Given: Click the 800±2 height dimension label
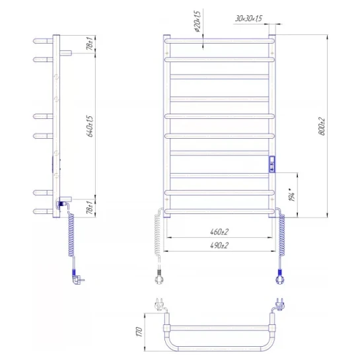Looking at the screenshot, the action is pyautogui.click(x=322, y=127).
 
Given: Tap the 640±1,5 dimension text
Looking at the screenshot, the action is pyautogui.click(x=90, y=127).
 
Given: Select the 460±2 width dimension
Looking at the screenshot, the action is pyautogui.click(x=219, y=232).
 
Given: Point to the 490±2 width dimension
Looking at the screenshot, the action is pyautogui.click(x=219, y=246).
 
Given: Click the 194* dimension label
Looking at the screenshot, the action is pyautogui.click(x=291, y=195).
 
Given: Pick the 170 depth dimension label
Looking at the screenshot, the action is pyautogui.click(x=139, y=332).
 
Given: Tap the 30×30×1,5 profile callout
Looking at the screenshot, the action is pyautogui.click(x=248, y=18).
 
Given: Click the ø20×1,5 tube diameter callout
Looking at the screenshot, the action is pyautogui.click(x=197, y=21).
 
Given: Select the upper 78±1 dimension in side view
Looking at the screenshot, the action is pyautogui.click(x=90, y=44).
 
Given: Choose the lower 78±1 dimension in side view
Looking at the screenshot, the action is pyautogui.click(x=90, y=207).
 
